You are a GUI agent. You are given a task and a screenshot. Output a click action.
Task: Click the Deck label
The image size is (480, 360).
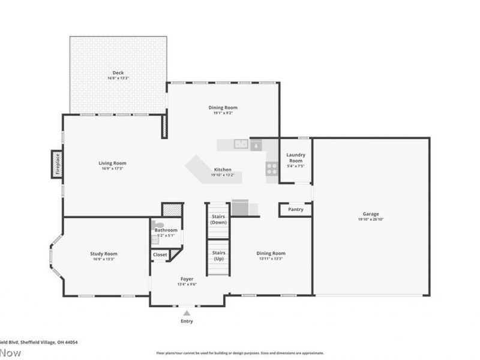(x=118, y=73)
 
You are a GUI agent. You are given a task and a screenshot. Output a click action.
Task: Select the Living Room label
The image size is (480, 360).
(x=112, y=163)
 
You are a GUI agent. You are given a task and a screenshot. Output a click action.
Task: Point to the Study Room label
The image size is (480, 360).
(x=103, y=254)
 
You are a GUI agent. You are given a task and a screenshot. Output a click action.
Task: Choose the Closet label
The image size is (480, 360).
(x=160, y=255)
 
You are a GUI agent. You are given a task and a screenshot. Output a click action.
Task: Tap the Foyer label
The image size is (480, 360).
(x=187, y=279)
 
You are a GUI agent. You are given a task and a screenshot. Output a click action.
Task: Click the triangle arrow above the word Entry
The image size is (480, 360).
(x=187, y=313)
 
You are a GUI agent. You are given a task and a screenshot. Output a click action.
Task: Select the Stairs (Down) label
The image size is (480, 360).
(x=218, y=219)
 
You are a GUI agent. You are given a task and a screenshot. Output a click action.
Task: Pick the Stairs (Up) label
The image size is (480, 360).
(x=218, y=256)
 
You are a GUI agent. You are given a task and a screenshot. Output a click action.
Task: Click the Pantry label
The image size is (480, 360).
(x=296, y=209)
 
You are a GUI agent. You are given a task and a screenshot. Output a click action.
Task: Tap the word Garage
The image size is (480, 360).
(x=370, y=214)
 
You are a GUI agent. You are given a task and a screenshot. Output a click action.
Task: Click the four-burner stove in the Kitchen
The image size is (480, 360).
(x=272, y=169)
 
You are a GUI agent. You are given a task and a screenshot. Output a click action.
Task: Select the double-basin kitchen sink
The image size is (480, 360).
(x=242, y=144)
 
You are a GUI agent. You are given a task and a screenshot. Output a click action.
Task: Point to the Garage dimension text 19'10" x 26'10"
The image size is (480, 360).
(x=370, y=220)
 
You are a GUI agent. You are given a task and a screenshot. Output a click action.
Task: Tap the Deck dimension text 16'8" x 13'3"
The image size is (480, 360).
(x=118, y=78)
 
